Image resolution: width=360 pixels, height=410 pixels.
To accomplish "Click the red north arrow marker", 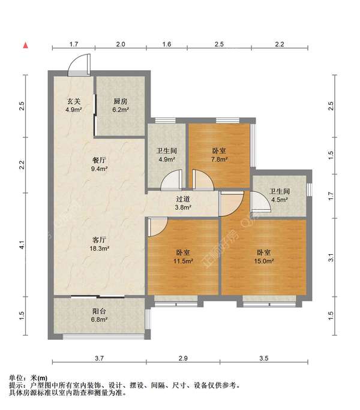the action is click(26, 46).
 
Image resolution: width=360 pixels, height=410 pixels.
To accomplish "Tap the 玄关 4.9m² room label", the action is click(74, 105).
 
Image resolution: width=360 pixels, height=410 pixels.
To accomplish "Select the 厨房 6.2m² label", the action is click(121, 105).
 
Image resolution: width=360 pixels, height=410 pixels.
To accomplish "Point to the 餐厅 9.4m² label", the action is click(99, 164).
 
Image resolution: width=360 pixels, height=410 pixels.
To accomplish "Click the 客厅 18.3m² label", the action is click(99, 244).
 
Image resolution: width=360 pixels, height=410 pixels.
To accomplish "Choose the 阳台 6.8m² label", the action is click(99, 315).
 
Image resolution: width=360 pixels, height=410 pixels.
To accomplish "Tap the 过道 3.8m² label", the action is click(183, 203).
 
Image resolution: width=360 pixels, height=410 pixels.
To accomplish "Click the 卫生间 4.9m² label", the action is click(167, 155).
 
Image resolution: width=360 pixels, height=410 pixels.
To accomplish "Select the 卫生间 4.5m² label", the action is click(280, 195).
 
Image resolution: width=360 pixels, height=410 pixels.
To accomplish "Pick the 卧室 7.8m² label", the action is click(219, 155).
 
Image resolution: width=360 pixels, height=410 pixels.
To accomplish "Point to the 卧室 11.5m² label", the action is click(183, 257).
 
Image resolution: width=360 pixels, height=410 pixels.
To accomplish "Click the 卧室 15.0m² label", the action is click(263, 257).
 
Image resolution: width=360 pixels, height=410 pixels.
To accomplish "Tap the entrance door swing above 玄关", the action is click(79, 65).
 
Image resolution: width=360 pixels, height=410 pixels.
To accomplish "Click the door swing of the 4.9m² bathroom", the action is click(172, 180).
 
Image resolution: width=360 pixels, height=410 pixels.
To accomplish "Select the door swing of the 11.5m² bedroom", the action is click(157, 227).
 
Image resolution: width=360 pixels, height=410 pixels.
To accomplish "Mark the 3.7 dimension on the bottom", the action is click(99, 358).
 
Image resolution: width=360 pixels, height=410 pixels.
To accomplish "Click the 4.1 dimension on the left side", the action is click(22, 245).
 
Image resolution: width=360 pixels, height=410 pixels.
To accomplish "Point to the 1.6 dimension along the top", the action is click(167, 44).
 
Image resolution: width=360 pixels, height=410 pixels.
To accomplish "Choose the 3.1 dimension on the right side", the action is click(331, 258).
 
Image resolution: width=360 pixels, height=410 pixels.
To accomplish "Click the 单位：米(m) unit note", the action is click(28, 378).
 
